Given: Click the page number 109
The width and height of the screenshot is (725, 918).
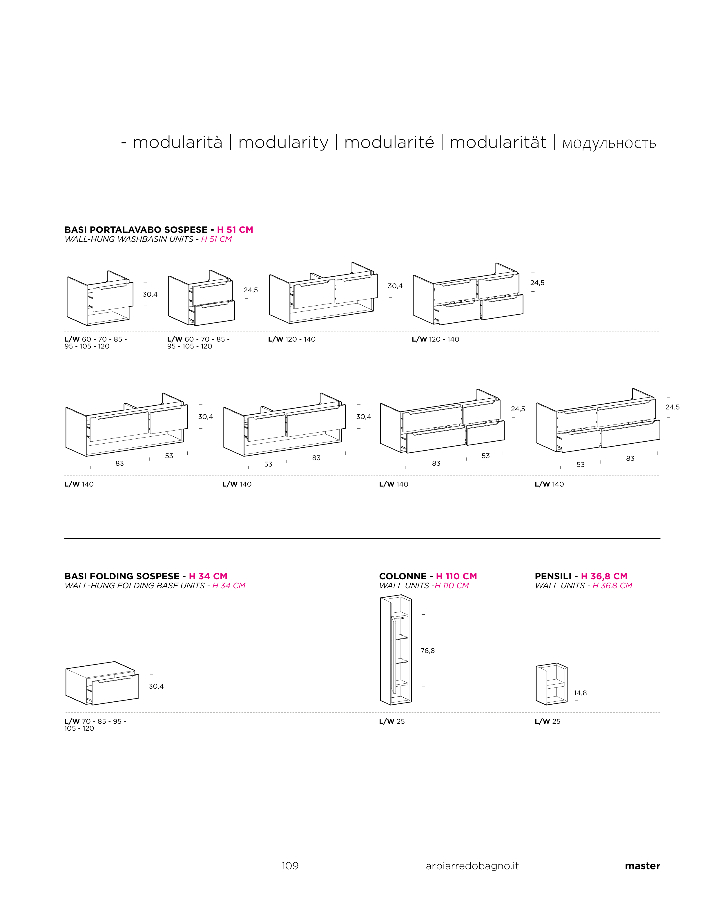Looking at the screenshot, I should (290, 866).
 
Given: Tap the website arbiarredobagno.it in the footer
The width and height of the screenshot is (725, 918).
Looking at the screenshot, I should (472, 866).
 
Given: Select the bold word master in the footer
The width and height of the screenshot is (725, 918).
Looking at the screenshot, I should (642, 866).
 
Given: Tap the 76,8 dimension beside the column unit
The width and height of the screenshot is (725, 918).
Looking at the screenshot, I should (427, 651).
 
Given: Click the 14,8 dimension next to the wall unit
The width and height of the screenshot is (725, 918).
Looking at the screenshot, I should (580, 693).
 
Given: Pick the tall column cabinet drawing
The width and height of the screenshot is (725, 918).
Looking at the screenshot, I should (396, 650).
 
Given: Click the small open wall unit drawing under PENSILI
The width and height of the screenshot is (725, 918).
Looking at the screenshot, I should (551, 684).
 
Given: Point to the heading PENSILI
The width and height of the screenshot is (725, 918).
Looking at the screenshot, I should (553, 576).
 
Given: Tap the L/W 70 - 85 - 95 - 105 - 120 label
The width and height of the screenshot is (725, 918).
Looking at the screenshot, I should (95, 725).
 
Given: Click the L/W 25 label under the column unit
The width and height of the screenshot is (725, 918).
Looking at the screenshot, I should (392, 721).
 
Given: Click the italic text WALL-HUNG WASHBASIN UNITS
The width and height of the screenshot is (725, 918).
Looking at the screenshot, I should (129, 240).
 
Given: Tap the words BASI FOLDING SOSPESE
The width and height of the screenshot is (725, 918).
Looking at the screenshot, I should (122, 576).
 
